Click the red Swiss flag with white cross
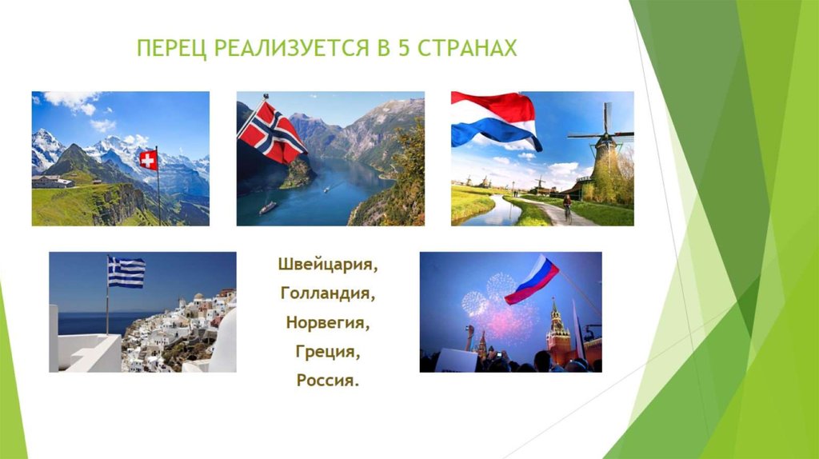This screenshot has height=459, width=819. pos(148,160)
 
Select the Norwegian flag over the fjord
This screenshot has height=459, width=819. pos(271,132)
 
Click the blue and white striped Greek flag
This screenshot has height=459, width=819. pos(126,272)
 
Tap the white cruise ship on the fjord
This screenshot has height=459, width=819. pos(268,206)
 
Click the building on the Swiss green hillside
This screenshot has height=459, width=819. pos(53,182)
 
